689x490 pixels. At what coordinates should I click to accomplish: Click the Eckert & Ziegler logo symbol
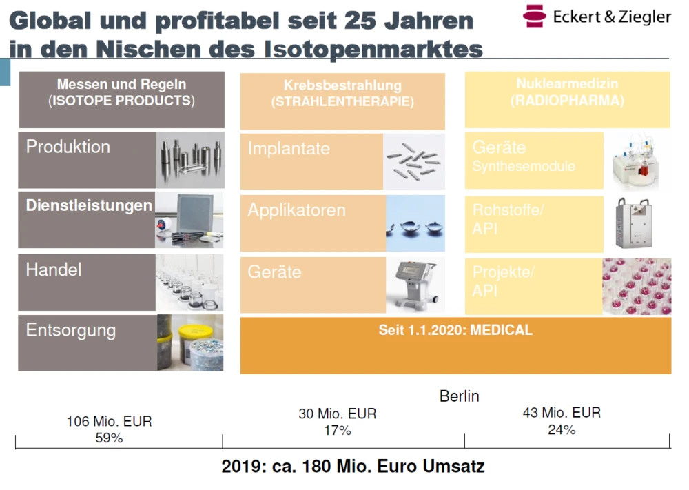click(535, 16)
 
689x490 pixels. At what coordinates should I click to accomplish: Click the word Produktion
click(68, 147)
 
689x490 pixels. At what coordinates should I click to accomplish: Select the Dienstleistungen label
click(89, 205)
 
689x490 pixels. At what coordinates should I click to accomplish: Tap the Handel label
click(54, 269)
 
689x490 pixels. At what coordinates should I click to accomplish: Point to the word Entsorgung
click(70, 330)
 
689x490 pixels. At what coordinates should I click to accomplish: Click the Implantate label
click(289, 149)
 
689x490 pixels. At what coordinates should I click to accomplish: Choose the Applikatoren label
click(296, 210)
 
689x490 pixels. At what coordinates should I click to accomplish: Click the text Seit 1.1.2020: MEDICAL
click(455, 330)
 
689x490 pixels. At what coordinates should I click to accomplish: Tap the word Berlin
click(459, 396)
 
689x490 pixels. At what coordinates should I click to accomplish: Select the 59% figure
click(109, 438)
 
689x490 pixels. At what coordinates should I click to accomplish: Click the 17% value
click(338, 431)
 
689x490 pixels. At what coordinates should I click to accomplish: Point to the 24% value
click(562, 429)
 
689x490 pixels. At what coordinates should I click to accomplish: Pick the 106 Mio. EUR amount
click(109, 421)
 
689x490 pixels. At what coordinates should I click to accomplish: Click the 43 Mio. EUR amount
click(562, 413)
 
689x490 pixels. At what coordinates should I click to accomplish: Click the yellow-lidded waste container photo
click(198, 343)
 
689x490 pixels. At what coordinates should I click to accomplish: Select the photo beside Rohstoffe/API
click(637, 223)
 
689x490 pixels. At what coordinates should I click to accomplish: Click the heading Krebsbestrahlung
click(342, 86)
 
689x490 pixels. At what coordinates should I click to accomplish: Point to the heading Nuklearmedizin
click(567, 84)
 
